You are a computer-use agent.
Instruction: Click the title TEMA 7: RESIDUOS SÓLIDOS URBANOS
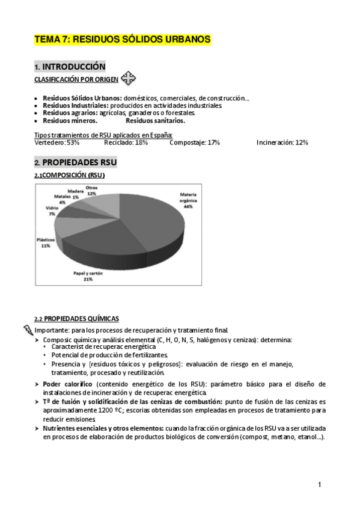tap(123, 40)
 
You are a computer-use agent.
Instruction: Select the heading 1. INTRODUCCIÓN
tap(70, 67)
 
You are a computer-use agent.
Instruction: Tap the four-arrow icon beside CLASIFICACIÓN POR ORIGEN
tap(129, 78)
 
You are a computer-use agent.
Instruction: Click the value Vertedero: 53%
tap(57, 143)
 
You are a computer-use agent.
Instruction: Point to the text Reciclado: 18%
tap(126, 143)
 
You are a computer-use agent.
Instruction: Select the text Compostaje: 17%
tap(194, 143)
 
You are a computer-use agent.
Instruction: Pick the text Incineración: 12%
tap(282, 143)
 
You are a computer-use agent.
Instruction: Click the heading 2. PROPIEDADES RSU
tap(76, 162)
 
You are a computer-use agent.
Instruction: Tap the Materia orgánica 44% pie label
tap(188, 200)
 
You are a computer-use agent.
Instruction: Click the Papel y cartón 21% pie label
tap(88, 276)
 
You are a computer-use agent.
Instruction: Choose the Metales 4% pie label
tap(62, 199)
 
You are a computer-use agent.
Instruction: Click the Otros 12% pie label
tap(91, 190)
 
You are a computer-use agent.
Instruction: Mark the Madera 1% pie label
tap(75, 194)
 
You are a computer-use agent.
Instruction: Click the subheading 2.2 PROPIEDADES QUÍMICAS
tap(76, 319)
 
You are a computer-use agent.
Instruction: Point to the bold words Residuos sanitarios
tap(155, 120)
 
